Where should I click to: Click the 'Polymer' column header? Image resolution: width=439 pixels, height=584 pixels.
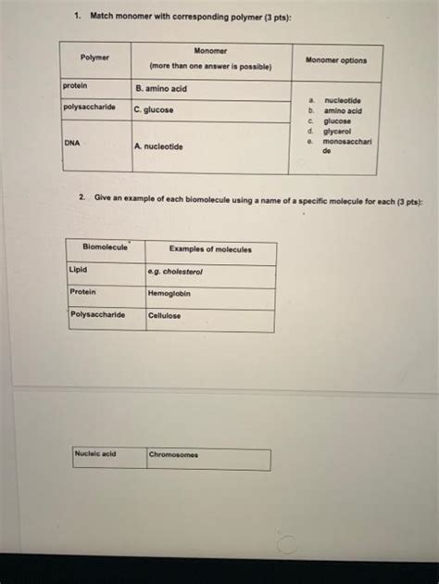click(x=94, y=57)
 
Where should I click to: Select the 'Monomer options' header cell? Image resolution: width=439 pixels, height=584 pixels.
click(x=335, y=60)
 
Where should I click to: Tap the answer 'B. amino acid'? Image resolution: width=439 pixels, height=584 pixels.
click(x=161, y=88)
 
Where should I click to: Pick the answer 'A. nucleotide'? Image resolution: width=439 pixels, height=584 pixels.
click(x=158, y=146)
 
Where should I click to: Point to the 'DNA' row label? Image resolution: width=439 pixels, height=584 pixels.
click(x=71, y=144)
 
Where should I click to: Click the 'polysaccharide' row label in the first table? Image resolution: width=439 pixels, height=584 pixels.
click(x=90, y=107)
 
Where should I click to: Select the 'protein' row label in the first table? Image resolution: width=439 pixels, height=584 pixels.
click(x=75, y=85)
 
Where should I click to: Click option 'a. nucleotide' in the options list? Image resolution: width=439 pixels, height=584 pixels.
click(x=342, y=100)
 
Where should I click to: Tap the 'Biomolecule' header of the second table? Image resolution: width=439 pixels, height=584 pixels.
click(x=106, y=248)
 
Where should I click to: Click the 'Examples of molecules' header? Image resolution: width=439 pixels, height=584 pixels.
click(x=209, y=249)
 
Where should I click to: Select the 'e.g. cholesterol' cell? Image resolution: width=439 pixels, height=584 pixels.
click(x=176, y=272)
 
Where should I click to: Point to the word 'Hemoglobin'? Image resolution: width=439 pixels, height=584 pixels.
click(x=169, y=294)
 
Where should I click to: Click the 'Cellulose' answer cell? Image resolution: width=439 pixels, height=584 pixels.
click(x=165, y=315)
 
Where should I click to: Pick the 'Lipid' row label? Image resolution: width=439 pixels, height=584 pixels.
click(x=79, y=270)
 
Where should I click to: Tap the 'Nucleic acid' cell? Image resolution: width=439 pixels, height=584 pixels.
click(x=95, y=454)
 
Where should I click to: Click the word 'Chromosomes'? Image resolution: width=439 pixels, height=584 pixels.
click(x=173, y=455)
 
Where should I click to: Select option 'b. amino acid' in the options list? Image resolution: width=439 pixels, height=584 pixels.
click(x=341, y=110)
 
